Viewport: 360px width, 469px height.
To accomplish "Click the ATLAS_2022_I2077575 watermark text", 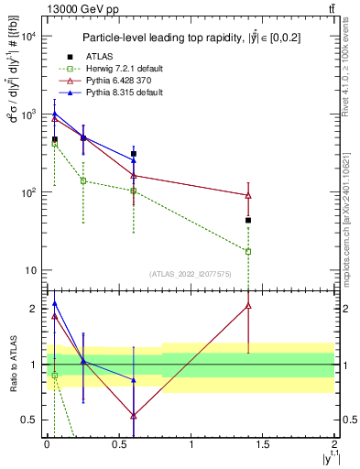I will (189, 274).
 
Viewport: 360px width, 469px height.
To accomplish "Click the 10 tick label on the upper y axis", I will (30, 270).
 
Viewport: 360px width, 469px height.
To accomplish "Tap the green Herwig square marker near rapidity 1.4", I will (248, 251).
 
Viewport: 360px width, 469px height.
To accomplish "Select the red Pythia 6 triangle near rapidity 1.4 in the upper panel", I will (248, 195).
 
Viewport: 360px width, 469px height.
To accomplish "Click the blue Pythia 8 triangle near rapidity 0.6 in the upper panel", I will (134, 159).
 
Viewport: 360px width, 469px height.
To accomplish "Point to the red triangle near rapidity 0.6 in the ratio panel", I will (134, 415).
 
